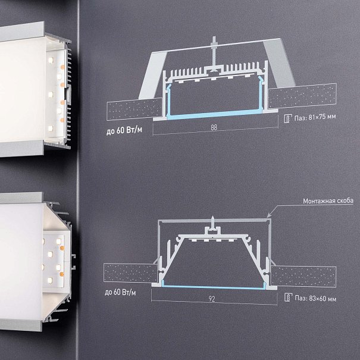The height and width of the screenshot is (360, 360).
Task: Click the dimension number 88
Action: pyautogui.click(x=214, y=127)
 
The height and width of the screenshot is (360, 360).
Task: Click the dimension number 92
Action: pyautogui.click(x=212, y=299)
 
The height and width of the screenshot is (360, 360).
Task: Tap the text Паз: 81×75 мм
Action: pyautogui.click(x=315, y=117)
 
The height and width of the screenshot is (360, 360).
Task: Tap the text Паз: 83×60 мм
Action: pyautogui.click(x=315, y=299)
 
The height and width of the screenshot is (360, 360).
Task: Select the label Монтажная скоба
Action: pyautogui.click(x=328, y=201)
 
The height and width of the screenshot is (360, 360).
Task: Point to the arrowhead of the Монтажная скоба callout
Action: pyautogui.click(x=268, y=216)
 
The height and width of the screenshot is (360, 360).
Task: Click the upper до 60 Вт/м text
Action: pyautogui.click(x=124, y=130)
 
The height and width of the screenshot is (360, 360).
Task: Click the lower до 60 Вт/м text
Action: pyautogui.click(x=120, y=293)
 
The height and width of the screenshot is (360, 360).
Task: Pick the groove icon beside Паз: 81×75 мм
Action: pyautogui.click(x=287, y=118)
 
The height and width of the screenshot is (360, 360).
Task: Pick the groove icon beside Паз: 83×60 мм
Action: pyautogui.click(x=288, y=298)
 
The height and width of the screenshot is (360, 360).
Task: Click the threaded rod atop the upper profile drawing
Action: pyautogui.click(x=214, y=51)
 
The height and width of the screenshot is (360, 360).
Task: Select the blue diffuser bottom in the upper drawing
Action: pyautogui.click(x=215, y=114)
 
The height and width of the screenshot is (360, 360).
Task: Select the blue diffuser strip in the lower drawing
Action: pyautogui.click(x=214, y=287)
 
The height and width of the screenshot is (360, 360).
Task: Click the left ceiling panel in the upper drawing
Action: pyautogui.click(x=134, y=109)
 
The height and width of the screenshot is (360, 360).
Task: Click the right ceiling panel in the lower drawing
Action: pyautogui.click(x=303, y=277)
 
